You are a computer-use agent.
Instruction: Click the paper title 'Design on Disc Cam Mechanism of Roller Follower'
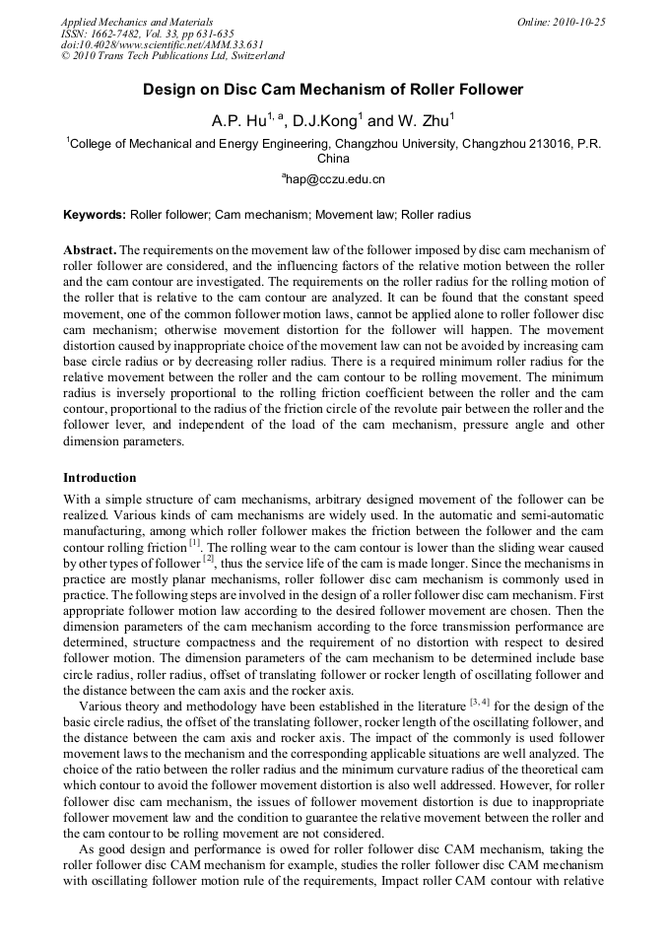pos(333,90)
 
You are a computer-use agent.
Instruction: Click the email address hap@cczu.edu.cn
pos(334,179)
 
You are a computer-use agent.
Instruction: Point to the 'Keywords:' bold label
pos(95,214)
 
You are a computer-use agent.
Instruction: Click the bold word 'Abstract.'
pos(90,250)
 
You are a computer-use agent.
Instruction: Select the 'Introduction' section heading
pos(100,477)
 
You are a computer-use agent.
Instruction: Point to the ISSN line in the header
pos(147,33)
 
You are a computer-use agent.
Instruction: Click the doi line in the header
pos(148,44)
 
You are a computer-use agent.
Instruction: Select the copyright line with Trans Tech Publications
pos(172,56)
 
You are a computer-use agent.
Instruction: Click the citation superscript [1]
pos(195,542)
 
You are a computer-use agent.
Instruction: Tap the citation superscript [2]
pos(209,558)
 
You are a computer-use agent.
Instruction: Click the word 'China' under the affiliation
pos(333,158)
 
